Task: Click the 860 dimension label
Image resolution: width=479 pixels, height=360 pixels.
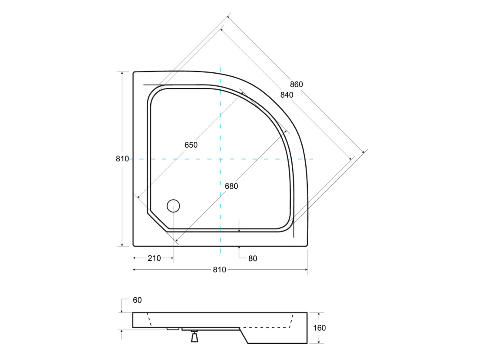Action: [296, 85]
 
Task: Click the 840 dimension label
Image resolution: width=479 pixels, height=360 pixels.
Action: [287, 95]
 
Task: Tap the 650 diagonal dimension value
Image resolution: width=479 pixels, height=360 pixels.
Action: [191, 145]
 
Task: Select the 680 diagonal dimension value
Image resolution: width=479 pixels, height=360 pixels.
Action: [231, 186]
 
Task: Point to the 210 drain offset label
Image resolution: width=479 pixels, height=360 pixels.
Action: [154, 258]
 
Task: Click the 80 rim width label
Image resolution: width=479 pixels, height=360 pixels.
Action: [253, 259]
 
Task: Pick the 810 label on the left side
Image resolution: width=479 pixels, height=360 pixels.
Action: [122, 159]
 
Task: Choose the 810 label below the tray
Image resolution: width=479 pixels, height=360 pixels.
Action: [219, 270]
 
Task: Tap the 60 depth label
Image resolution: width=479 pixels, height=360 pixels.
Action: [137, 300]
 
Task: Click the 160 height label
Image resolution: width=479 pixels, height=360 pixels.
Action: [320, 328]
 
